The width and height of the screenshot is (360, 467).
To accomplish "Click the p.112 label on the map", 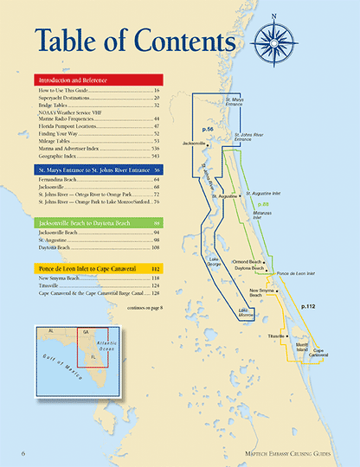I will (x=308, y=306).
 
